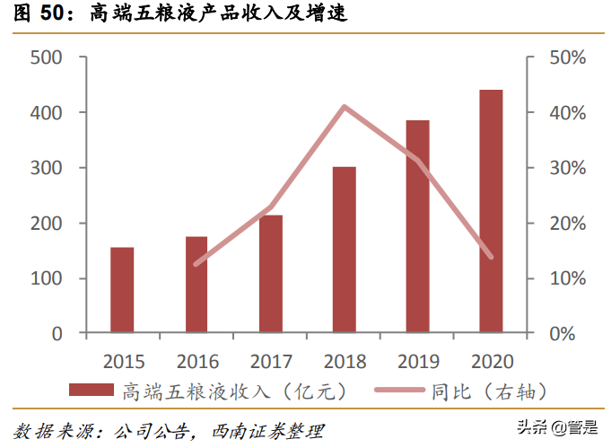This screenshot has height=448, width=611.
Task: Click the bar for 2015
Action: (x=122, y=290)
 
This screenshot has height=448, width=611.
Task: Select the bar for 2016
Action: (x=196, y=285)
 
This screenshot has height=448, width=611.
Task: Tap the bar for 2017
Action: (x=270, y=274)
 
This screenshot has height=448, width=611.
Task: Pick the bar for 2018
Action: (x=344, y=250)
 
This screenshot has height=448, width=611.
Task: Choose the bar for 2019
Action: (x=417, y=226)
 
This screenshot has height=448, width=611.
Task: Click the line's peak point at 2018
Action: (x=344, y=107)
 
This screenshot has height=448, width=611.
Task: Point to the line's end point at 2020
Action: (x=491, y=257)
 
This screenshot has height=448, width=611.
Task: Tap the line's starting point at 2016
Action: (x=196, y=264)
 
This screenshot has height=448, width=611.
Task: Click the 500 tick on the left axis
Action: (x=45, y=57)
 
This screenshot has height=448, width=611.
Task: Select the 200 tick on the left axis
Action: (x=45, y=224)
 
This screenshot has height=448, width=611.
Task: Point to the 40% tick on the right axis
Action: (x=567, y=113)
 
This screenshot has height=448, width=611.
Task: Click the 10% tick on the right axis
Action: (x=567, y=278)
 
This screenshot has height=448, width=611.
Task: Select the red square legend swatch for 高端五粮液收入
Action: (x=92, y=391)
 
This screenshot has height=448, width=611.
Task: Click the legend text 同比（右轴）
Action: (x=489, y=391)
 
